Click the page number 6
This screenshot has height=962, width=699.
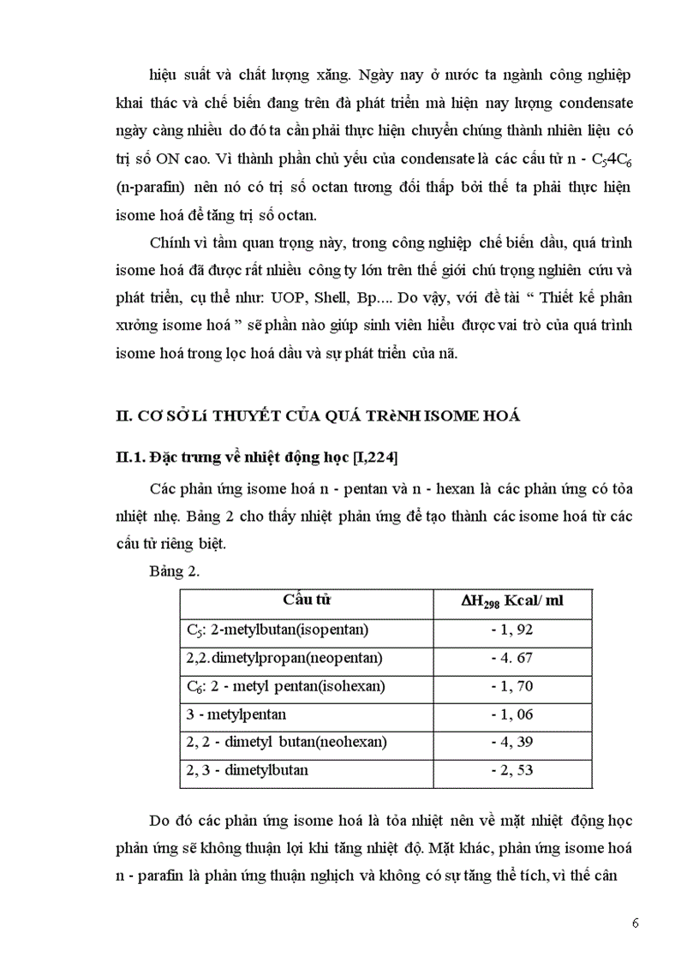coord(635,923)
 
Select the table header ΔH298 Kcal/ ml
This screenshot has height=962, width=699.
coord(512,601)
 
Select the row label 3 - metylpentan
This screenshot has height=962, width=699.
coord(236,714)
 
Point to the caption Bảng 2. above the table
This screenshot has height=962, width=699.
coord(174,572)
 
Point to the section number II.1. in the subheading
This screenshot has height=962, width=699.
coord(130,457)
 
